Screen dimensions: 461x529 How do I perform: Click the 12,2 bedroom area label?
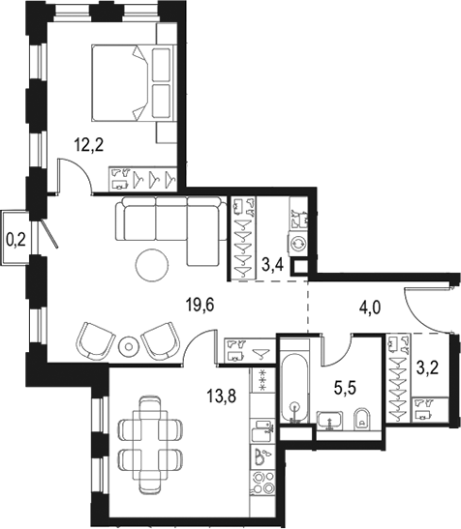(88, 145)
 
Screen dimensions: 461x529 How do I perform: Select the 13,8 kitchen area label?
(222, 396)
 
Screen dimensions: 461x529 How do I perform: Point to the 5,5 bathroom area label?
(346, 388)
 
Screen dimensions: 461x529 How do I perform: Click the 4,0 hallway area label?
(370, 308)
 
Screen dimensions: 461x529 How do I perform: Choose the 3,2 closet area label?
(427, 368)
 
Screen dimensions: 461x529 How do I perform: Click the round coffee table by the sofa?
(152, 265)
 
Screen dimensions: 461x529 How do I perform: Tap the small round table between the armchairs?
(128, 346)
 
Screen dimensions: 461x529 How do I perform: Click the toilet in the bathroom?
(362, 420)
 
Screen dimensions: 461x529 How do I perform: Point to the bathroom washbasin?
(330, 421)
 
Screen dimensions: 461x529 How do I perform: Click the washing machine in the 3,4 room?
(297, 242)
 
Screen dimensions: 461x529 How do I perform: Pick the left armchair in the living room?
(95, 340)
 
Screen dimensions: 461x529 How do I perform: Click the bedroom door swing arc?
(80, 170)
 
